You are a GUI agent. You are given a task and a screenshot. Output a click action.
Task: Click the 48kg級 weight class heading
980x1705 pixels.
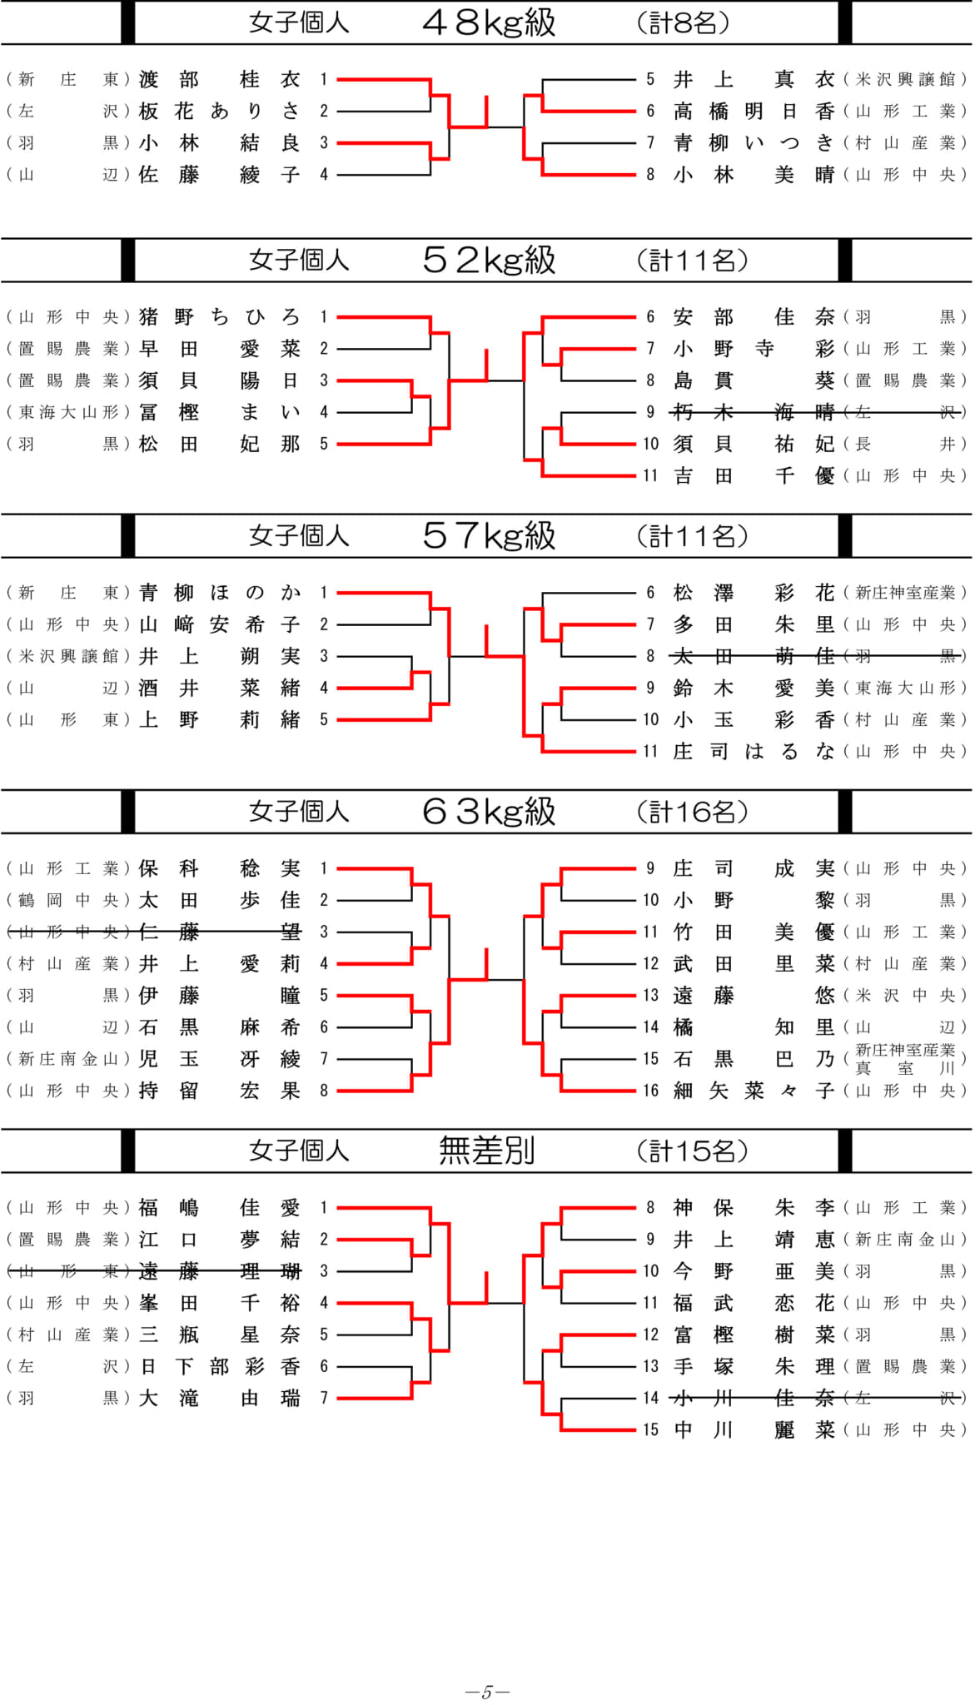pyautogui.click(x=489, y=22)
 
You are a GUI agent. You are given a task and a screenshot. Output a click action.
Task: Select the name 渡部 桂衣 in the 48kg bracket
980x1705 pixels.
pyautogui.click(x=219, y=79)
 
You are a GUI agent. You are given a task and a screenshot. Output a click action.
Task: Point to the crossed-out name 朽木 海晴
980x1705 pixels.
pyautogui.click(x=754, y=412)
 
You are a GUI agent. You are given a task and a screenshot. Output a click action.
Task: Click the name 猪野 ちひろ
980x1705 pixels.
pyautogui.click(x=219, y=316)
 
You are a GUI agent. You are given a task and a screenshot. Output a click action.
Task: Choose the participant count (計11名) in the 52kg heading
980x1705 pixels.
pyautogui.click(x=693, y=261)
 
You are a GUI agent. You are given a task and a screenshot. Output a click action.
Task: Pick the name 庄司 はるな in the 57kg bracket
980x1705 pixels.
pyautogui.click(x=754, y=751)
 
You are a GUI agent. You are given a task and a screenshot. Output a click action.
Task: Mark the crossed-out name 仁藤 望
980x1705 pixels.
pyautogui.click(x=219, y=932)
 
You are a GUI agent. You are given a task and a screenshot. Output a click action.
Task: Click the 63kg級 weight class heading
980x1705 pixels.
pyautogui.click(x=489, y=811)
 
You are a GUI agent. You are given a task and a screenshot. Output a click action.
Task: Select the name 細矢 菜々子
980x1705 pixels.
pyautogui.click(x=754, y=1091)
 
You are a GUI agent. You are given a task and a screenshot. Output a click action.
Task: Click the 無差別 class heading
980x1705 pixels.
pyautogui.click(x=487, y=1151)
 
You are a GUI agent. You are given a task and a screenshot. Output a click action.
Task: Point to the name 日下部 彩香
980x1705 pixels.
pyautogui.click(x=219, y=1366)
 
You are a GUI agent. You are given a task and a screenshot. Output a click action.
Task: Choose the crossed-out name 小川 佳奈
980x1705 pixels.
pyautogui.click(x=754, y=1398)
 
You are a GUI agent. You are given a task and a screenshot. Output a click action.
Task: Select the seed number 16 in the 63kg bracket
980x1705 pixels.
pyautogui.click(x=650, y=1091)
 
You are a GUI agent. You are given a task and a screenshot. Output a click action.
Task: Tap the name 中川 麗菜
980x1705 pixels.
pyautogui.click(x=754, y=1429)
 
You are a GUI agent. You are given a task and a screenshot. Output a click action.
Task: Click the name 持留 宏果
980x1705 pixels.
pyautogui.click(x=219, y=1091)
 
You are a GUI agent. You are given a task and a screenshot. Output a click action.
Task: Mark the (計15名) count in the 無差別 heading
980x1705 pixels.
pyautogui.click(x=693, y=1151)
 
